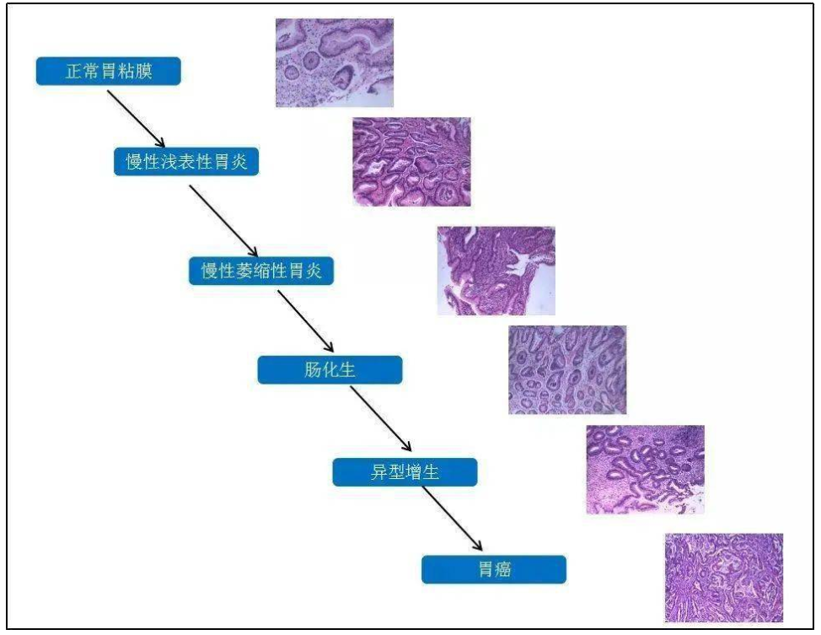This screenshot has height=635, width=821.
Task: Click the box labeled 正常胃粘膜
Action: (x=109, y=71)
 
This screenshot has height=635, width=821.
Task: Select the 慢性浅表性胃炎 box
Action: (x=186, y=161)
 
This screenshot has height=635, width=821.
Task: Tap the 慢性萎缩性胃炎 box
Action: (x=261, y=271)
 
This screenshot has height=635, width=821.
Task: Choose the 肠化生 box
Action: (x=330, y=370)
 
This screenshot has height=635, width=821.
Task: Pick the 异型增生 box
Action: (x=405, y=472)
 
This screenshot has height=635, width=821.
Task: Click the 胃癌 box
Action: (x=494, y=569)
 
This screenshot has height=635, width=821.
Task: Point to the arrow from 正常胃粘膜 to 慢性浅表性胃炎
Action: (x=137, y=119)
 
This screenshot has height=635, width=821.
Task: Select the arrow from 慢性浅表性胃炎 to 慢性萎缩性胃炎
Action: (x=223, y=221)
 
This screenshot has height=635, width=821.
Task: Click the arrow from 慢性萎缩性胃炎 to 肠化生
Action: (x=306, y=321)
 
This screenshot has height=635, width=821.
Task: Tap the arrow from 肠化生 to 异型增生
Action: (x=381, y=418)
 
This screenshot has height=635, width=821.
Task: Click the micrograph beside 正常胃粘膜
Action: (x=335, y=63)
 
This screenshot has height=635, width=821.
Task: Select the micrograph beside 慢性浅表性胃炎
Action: (x=411, y=161)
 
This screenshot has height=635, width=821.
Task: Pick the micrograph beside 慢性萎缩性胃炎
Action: (x=496, y=271)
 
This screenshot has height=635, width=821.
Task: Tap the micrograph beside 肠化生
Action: (x=567, y=370)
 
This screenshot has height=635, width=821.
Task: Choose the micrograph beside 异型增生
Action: (x=645, y=470)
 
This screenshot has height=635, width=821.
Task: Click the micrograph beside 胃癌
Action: (x=724, y=578)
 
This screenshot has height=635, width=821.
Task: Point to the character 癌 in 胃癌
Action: (x=502, y=569)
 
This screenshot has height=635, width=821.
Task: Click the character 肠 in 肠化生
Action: (x=313, y=370)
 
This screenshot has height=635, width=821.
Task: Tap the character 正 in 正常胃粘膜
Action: (x=74, y=71)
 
